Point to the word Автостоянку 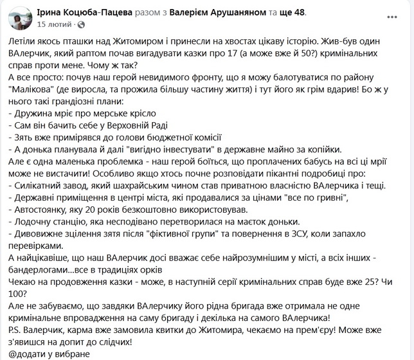click(x=42, y=213)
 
